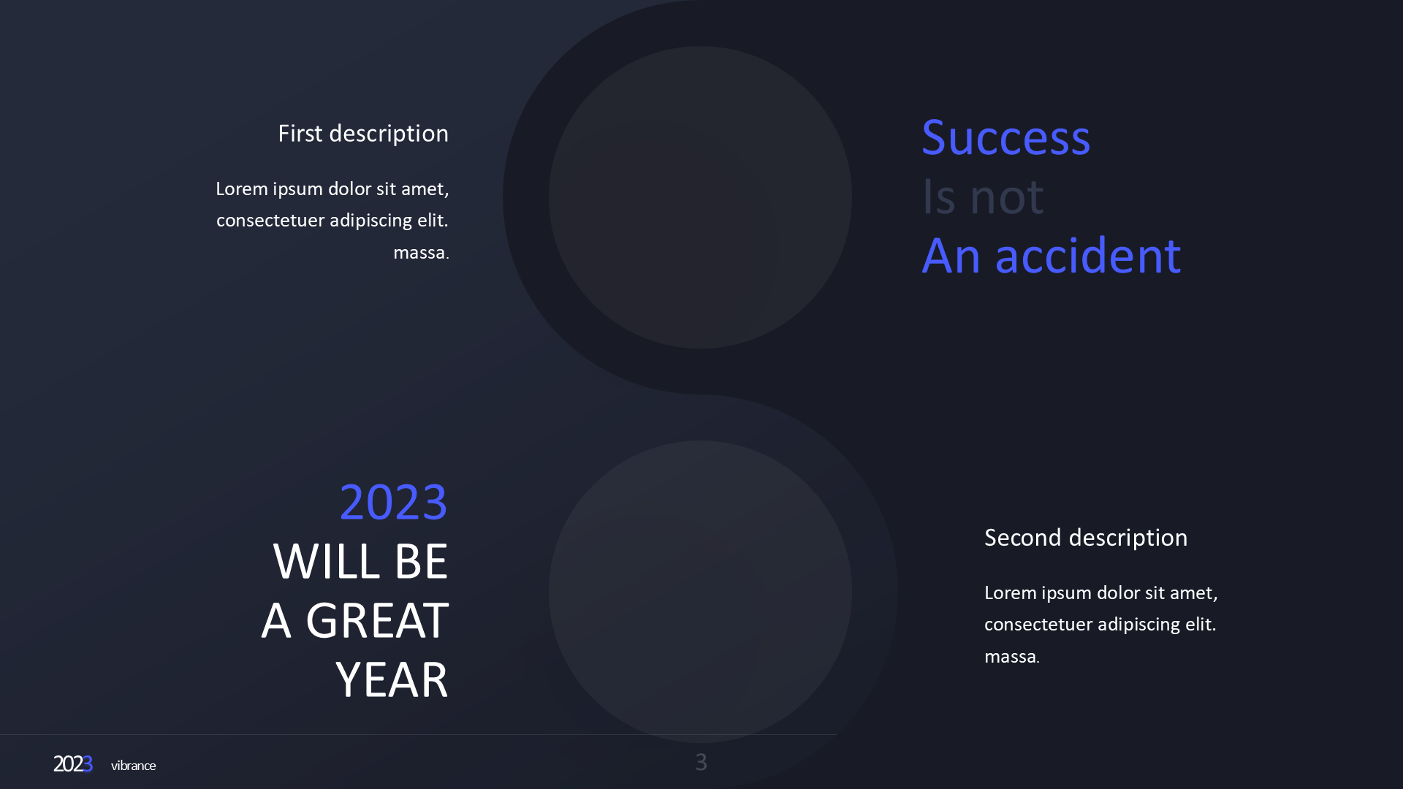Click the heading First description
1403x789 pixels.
[x=362, y=134]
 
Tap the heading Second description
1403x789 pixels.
[x=1085, y=538]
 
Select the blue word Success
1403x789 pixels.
[x=1005, y=137]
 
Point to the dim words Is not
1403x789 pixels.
[x=982, y=197]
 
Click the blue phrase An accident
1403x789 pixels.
[x=1051, y=256]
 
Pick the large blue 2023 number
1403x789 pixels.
[x=393, y=503]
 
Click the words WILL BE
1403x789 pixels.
[x=360, y=562]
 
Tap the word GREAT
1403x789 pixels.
[x=377, y=621]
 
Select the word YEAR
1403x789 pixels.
[x=392, y=680]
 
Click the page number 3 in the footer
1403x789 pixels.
[x=701, y=763]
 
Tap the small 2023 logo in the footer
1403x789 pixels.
[x=72, y=764]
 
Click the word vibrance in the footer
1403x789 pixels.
[x=133, y=766]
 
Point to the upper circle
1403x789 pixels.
[x=700, y=197]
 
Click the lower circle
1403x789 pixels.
[x=700, y=592]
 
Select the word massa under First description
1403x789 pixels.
[x=419, y=253]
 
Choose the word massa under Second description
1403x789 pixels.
[x=1010, y=657]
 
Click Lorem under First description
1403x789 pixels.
[x=242, y=189]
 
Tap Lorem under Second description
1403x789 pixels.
[x=1011, y=593]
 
